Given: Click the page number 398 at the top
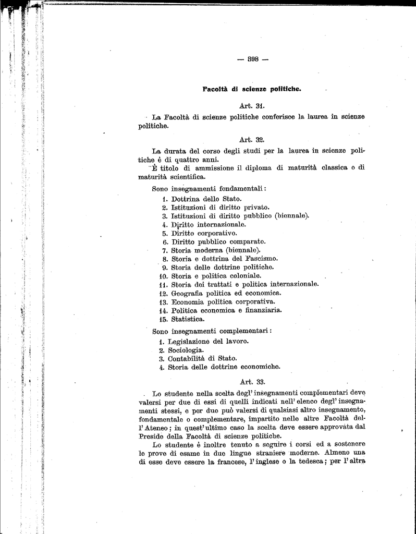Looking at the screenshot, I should tap(252, 59).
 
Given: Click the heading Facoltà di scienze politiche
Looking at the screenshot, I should tap(252, 89).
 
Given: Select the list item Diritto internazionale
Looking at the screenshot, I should tap(208, 224).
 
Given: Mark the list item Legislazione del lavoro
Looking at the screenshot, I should tap(208, 341).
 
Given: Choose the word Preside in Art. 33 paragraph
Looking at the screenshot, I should tap(152, 436).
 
